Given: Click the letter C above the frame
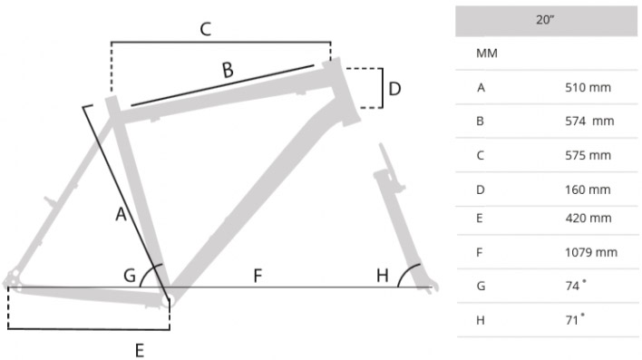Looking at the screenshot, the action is pos(206,29).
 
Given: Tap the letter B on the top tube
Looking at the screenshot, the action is pos(228,70).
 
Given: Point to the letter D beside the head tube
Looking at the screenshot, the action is pos(394,89).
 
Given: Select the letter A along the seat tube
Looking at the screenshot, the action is pos(121,214).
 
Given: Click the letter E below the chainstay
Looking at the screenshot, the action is pos(140,351).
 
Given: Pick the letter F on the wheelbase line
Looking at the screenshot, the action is pos(258,276).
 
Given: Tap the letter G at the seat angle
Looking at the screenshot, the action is pos(130,276).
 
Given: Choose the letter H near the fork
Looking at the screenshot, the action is pos(383,276).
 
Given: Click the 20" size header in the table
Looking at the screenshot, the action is pos(545,20).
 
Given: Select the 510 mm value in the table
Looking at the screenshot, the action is pos(588,87).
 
